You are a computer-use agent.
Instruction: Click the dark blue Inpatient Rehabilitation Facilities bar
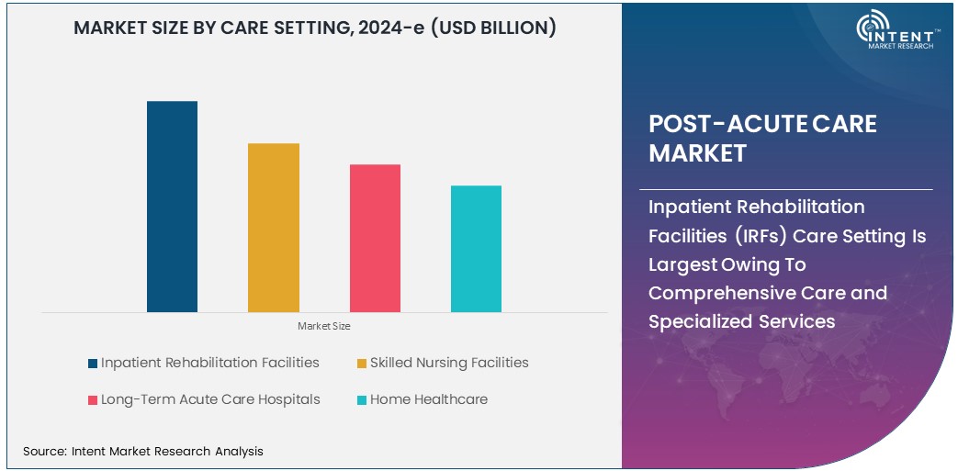pyautogui.click(x=172, y=207)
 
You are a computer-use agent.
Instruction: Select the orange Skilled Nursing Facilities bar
pyautogui.click(x=274, y=228)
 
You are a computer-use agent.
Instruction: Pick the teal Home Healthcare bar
pyautogui.click(x=476, y=249)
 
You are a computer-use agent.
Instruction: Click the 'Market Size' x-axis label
pyautogui.click(x=323, y=326)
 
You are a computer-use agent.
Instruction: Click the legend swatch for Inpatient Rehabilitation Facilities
pyautogui.click(x=93, y=364)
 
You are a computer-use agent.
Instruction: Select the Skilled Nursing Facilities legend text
pyautogui.click(x=449, y=363)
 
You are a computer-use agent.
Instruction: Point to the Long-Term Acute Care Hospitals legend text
pyautogui.click(x=210, y=399)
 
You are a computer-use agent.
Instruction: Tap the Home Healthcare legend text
pyautogui.click(x=429, y=399)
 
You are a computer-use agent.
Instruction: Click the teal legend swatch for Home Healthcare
pyautogui.click(x=362, y=400)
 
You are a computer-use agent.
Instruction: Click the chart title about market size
pyautogui.click(x=314, y=28)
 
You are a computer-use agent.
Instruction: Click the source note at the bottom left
pyautogui.click(x=143, y=451)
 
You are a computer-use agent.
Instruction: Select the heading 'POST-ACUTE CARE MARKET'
pyautogui.click(x=762, y=138)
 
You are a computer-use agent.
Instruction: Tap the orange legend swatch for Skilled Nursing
pyautogui.click(x=362, y=364)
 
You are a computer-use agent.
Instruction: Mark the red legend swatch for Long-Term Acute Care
pyautogui.click(x=93, y=400)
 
